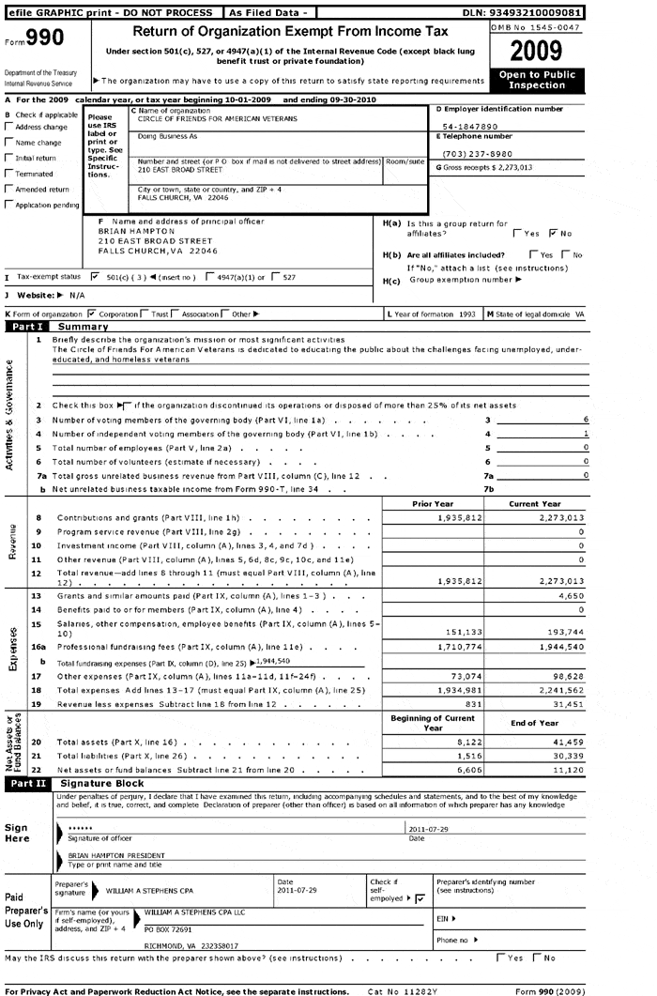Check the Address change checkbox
[x=9, y=127]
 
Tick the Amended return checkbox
[x=9, y=190]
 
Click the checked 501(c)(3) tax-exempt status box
[x=95, y=278]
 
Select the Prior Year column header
[x=433, y=503]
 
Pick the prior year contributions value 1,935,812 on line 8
[x=460, y=518]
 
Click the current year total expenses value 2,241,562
[x=557, y=690]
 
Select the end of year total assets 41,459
[x=565, y=743]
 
